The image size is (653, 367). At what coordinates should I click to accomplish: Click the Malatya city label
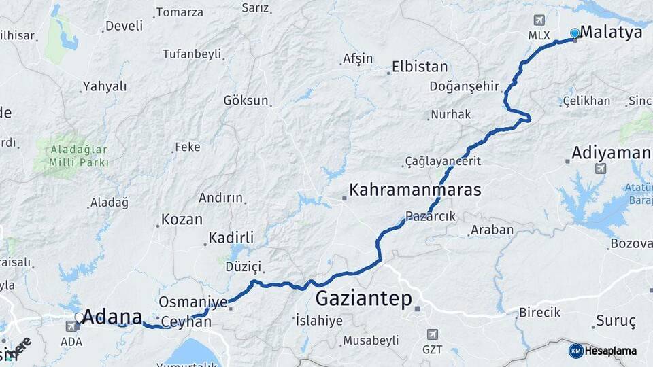[611, 32]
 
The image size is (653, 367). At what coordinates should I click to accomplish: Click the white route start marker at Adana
[80, 317]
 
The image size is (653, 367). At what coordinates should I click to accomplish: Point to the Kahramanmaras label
[415, 190]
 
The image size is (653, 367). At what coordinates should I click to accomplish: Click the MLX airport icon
[540, 20]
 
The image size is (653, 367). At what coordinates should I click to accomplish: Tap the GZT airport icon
[431, 334]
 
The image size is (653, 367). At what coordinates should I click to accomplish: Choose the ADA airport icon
[71, 326]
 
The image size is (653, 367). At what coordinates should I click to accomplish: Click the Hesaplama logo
[603, 351]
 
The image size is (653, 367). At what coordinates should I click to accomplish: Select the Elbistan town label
[420, 67]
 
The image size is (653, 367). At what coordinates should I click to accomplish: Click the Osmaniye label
[192, 302]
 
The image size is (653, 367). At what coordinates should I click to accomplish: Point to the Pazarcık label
[430, 216]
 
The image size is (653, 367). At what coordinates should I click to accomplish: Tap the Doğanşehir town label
[465, 86]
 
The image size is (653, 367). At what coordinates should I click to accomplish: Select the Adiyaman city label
[612, 152]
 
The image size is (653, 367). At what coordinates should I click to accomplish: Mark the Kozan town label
[182, 220]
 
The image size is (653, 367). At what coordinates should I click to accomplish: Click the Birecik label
[539, 312]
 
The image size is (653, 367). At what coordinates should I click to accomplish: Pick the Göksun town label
[246, 101]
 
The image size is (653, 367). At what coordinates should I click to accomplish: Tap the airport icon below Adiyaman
[600, 169]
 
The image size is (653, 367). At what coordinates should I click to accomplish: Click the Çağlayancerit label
[443, 161]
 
